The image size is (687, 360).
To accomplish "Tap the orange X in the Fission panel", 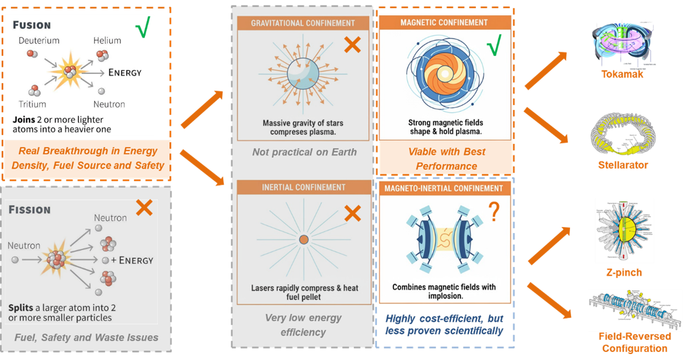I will [x=144, y=207].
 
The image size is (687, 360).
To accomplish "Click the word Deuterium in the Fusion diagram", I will [x=39, y=41].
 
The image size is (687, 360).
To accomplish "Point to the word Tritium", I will [x=32, y=104].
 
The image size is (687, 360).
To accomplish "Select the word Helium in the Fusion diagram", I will [x=107, y=41].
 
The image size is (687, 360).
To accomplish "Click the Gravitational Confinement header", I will [x=303, y=23].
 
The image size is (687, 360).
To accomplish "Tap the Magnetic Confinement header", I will [x=444, y=23].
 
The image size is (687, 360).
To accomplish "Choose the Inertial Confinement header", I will [x=303, y=187].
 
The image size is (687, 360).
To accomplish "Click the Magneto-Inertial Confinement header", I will [x=444, y=189].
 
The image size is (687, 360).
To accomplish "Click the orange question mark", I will [x=493, y=212].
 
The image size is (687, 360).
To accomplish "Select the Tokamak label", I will [x=622, y=74].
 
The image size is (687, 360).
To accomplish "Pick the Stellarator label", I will [x=623, y=165].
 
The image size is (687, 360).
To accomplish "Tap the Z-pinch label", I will [x=624, y=273].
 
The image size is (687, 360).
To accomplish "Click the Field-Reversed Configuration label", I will [x=635, y=342].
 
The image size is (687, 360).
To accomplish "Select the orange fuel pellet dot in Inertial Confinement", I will [x=303, y=240].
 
